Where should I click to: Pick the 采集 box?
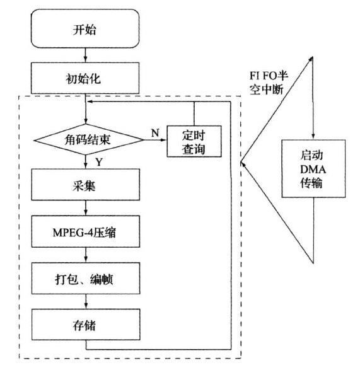pyautogui.click(x=86, y=188)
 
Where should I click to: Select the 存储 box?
pyautogui.click(x=86, y=325)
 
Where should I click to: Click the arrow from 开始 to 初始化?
pyautogui.click(x=86, y=57)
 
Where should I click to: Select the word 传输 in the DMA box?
pyautogui.click(x=313, y=182)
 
